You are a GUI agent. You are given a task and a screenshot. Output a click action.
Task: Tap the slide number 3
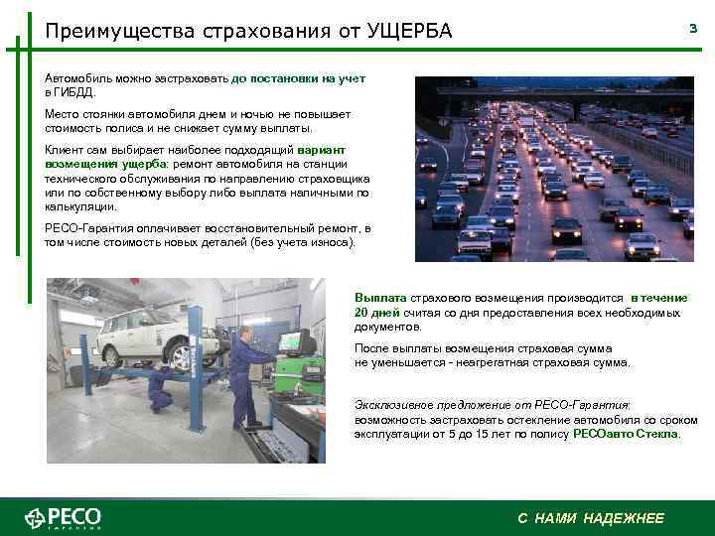[x=693, y=30]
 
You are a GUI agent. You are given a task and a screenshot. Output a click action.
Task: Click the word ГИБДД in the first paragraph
[x=74, y=91]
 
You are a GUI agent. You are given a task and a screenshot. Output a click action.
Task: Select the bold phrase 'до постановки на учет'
[x=299, y=77]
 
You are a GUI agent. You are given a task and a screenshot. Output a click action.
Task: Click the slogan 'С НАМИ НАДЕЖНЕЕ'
[x=591, y=518]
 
